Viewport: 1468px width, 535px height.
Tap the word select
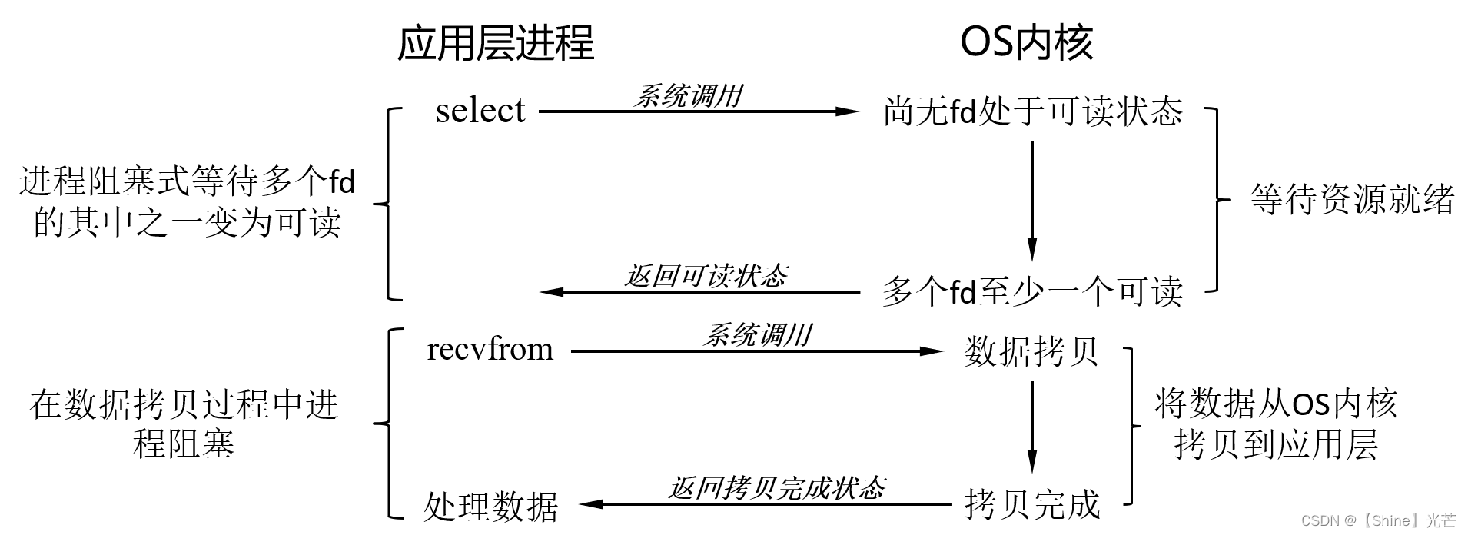pyautogui.click(x=480, y=111)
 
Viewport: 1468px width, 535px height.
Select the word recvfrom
pyautogui.click(x=490, y=350)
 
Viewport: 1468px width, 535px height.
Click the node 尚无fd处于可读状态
pyautogui.click(x=1033, y=112)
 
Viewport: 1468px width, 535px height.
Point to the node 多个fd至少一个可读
pyautogui.click(x=1031, y=292)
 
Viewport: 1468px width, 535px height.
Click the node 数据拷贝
pyautogui.click(x=1031, y=351)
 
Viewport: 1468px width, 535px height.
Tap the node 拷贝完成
pyautogui.click(x=1031, y=505)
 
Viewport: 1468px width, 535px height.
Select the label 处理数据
pyautogui.click(x=490, y=507)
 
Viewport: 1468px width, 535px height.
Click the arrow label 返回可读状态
pyautogui.click(x=706, y=276)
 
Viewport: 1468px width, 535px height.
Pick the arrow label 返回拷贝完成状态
pyautogui.click(x=776, y=488)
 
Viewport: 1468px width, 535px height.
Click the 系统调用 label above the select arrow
pyautogui.click(x=688, y=96)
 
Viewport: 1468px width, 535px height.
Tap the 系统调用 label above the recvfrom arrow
pyautogui.click(x=757, y=335)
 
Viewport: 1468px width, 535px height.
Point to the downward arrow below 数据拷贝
pyautogui.click(x=1031, y=427)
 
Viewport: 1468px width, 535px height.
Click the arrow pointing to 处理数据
pyautogui.click(x=765, y=505)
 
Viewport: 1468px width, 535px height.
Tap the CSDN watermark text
pyautogui.click(x=1378, y=520)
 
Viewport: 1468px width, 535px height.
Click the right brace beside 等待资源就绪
pyautogui.click(x=1217, y=200)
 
